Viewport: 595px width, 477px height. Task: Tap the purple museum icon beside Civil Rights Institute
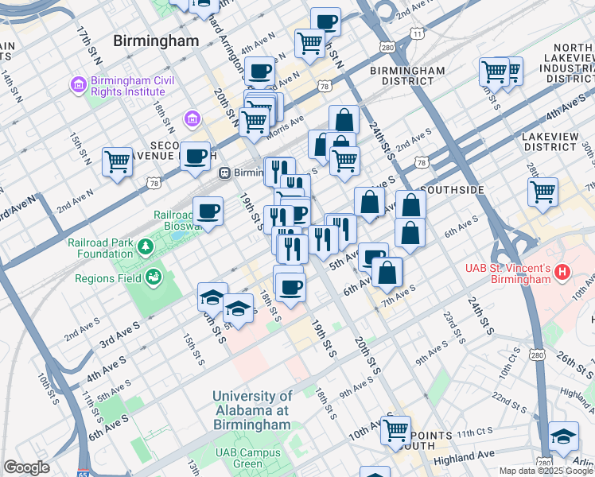pos(78,83)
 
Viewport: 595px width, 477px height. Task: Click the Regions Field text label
pos(108,278)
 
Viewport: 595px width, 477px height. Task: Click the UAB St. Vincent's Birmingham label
pos(507,273)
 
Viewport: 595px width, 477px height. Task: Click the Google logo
pos(26,467)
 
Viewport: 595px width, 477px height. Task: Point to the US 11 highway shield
pos(416,33)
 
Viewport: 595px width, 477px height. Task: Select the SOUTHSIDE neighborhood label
pos(452,190)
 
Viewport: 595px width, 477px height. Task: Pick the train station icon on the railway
pos(225,172)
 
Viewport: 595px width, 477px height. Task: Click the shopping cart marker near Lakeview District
pos(542,191)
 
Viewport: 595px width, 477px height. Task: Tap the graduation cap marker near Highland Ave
pos(562,436)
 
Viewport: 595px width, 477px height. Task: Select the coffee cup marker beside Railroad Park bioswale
pos(208,211)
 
